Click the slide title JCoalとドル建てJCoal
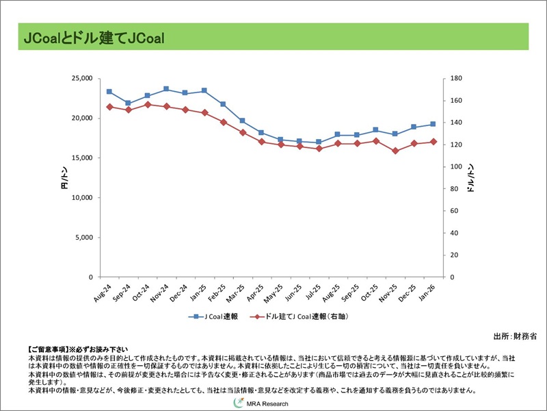tap(93, 38)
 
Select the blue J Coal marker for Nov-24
tap(166, 89)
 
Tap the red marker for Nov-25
tap(395, 151)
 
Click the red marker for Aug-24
tap(109, 107)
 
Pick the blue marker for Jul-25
tap(319, 142)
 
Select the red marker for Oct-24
tap(148, 104)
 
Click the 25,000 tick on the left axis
tap(81, 78)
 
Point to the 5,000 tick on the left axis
tap(85, 238)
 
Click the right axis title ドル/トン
tap(472, 179)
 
